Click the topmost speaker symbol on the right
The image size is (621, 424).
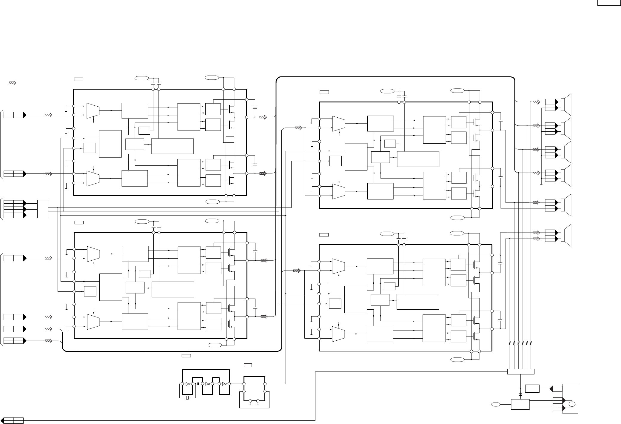[x=566, y=105]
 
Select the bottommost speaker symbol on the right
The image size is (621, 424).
[x=566, y=235]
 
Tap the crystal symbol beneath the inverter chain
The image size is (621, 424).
[x=187, y=398]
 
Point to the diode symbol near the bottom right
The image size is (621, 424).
[x=521, y=395]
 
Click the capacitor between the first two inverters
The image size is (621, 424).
[x=198, y=384]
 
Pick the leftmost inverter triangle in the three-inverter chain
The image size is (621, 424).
[x=187, y=384]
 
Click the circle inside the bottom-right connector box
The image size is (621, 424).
[x=572, y=404]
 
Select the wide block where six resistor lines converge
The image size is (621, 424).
[x=521, y=371]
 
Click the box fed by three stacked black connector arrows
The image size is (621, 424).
[x=43, y=209]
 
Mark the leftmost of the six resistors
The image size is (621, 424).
[x=510, y=343]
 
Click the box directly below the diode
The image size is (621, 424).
[x=520, y=405]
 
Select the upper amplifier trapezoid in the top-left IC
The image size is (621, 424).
[x=93, y=110]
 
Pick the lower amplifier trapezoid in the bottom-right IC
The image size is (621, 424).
[x=338, y=334]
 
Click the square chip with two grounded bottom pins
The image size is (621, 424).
[x=255, y=388]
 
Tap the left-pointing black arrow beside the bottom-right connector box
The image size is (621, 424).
[x=551, y=388]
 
